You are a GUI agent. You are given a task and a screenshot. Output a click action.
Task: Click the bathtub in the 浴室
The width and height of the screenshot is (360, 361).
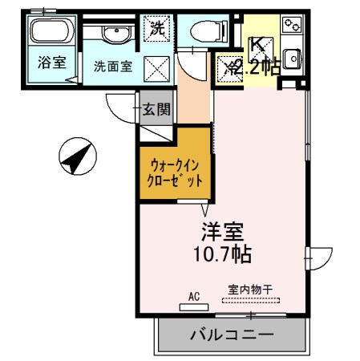[x=50, y=34]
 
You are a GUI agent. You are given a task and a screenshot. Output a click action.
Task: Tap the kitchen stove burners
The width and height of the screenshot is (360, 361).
[x=291, y=26]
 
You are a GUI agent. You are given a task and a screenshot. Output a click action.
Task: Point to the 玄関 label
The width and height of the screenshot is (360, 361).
[x=156, y=110]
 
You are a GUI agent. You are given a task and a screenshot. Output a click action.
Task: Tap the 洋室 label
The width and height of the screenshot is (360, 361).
[x=222, y=233]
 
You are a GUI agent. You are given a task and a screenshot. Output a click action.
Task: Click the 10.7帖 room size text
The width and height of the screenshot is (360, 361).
[x=222, y=255]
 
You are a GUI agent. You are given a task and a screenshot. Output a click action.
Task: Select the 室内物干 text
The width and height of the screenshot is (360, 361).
[x=249, y=290]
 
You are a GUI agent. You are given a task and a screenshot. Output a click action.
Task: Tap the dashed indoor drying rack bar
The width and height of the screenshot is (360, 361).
[x=252, y=301]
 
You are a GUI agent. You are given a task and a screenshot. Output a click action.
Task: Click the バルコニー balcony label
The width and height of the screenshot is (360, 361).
[x=232, y=334]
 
